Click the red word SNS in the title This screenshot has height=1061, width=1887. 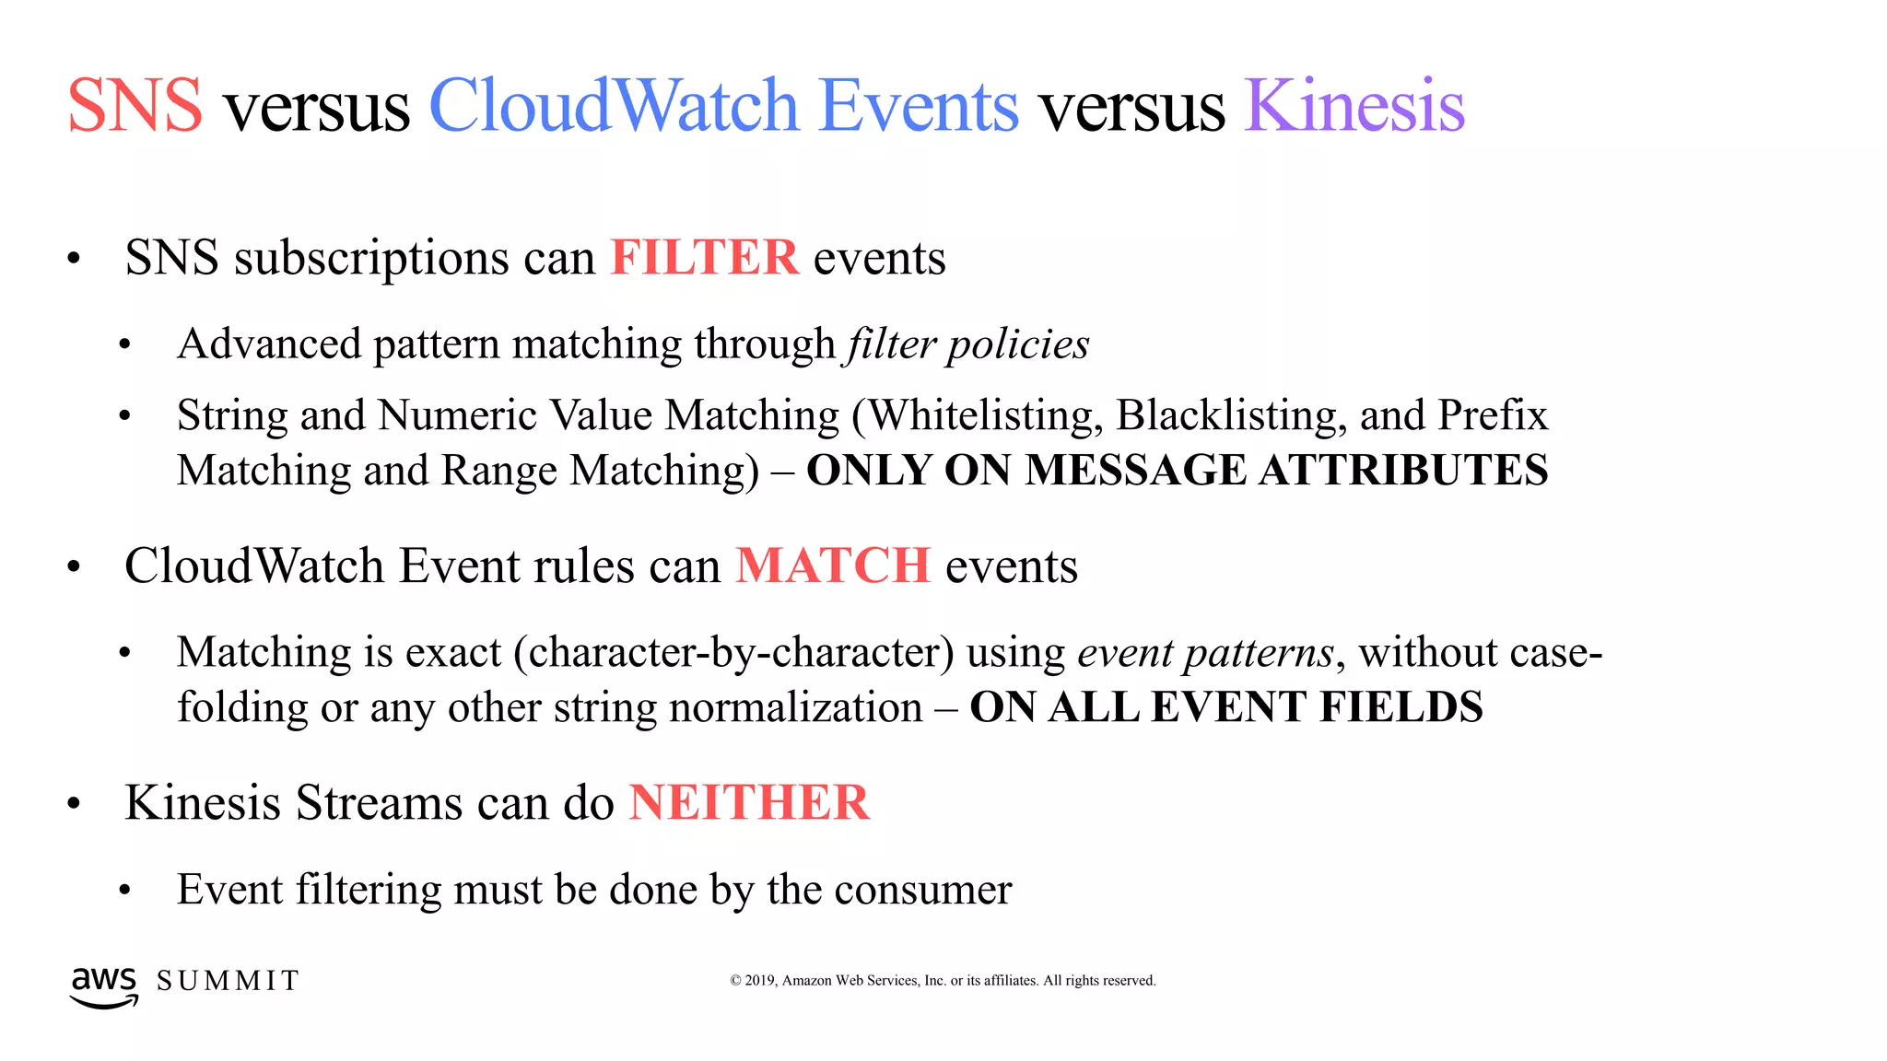click(x=135, y=106)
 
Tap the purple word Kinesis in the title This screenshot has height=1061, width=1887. click(x=1354, y=106)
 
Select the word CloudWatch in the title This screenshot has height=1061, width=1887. click(x=613, y=106)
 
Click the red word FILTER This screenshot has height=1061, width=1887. click(x=704, y=257)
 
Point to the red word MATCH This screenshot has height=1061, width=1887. click(x=833, y=565)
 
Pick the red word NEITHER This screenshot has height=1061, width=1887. click(x=749, y=802)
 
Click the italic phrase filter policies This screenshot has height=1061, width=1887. click(x=967, y=344)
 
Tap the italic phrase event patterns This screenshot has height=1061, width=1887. click(x=1205, y=653)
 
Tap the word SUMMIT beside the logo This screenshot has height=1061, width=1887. click(x=228, y=981)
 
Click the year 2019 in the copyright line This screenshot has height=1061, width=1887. click(x=760, y=981)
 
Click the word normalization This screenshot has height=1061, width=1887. click(x=795, y=707)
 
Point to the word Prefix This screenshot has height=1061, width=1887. click(x=1493, y=415)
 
